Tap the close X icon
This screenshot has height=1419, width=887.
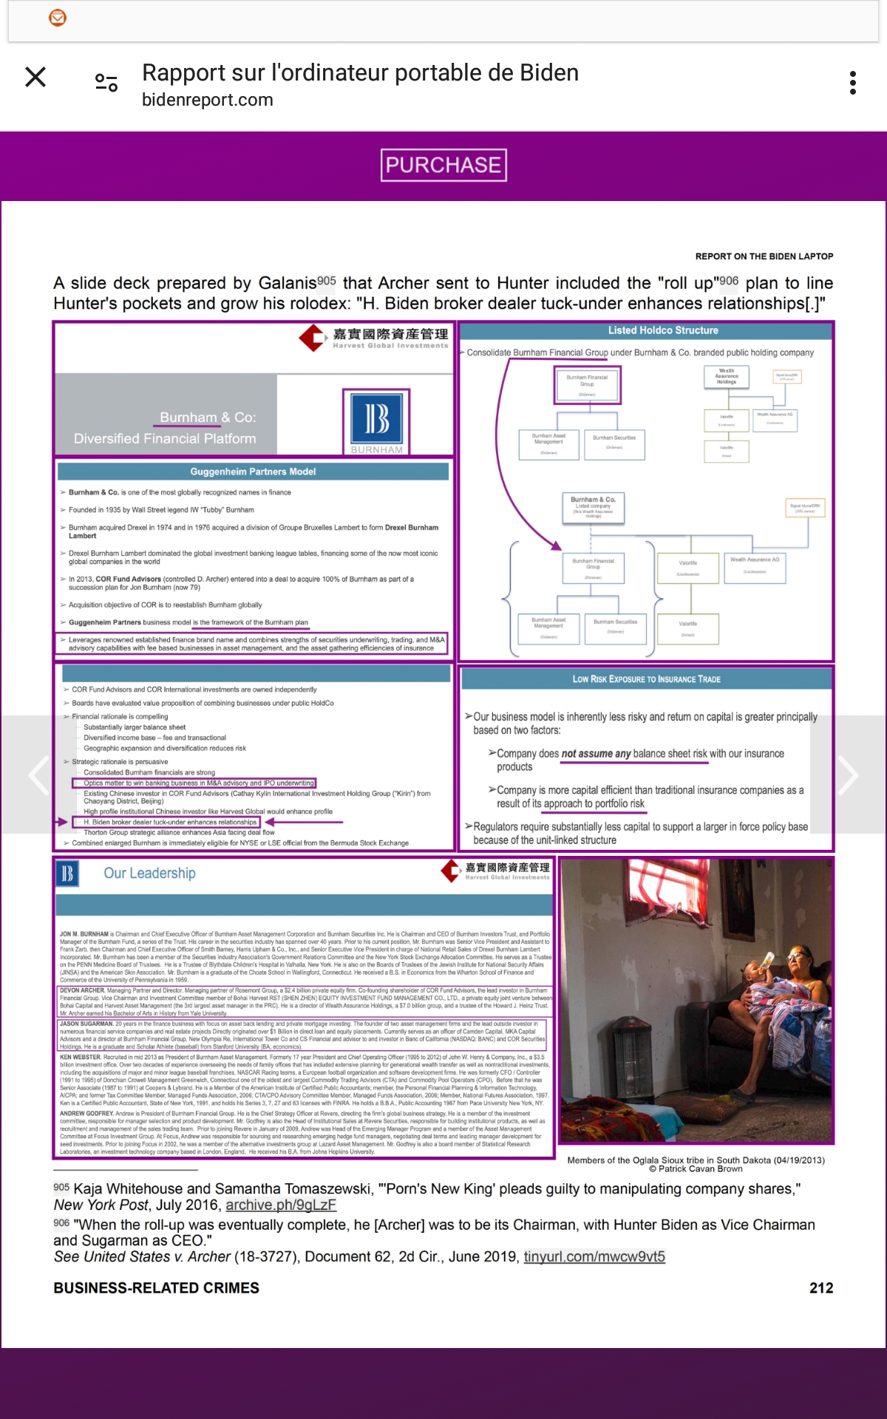click(35, 77)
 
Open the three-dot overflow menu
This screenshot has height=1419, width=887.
click(853, 83)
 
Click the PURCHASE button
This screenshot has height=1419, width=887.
click(443, 165)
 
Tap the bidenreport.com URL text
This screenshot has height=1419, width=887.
click(208, 100)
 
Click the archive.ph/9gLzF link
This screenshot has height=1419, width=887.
click(281, 1205)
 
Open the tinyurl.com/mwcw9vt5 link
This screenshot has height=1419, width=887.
click(594, 1256)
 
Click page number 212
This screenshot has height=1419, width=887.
click(821, 1288)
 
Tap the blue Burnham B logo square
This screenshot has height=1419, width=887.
click(377, 418)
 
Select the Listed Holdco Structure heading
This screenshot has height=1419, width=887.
click(663, 330)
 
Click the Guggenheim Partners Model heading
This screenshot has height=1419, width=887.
click(253, 472)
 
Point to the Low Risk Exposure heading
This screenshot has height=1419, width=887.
click(647, 679)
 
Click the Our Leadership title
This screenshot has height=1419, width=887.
click(149, 874)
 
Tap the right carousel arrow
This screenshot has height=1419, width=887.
click(847, 775)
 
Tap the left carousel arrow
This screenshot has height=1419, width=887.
click(38, 775)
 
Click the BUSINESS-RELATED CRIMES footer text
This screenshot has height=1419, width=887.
click(156, 1288)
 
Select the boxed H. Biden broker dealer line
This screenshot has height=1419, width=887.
click(170, 822)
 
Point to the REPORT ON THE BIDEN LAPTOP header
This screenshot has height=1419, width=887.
click(764, 256)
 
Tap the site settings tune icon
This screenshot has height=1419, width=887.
click(106, 83)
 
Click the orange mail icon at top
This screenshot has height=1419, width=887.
click(58, 18)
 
